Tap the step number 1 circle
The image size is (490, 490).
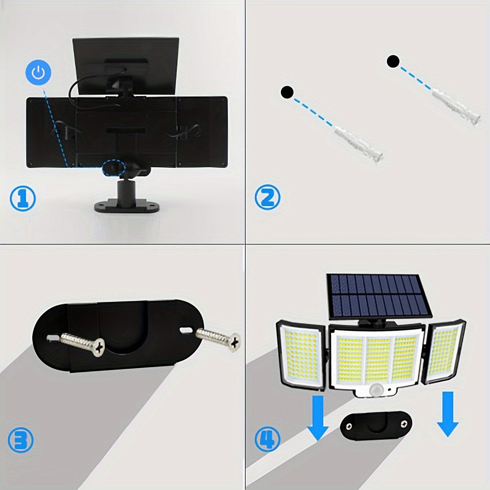point(23,198)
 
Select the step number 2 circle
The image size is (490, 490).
point(268,198)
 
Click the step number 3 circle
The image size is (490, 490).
point(21,440)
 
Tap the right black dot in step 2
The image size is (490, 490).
point(393,62)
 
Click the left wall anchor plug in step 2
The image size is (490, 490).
point(359,144)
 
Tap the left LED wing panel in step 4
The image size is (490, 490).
point(301,354)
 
